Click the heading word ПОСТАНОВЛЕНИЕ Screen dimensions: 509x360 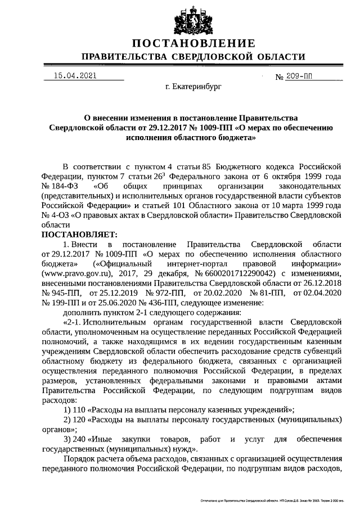click(193, 44)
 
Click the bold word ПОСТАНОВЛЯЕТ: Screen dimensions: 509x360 click(78, 234)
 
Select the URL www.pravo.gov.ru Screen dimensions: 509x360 click(69, 273)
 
